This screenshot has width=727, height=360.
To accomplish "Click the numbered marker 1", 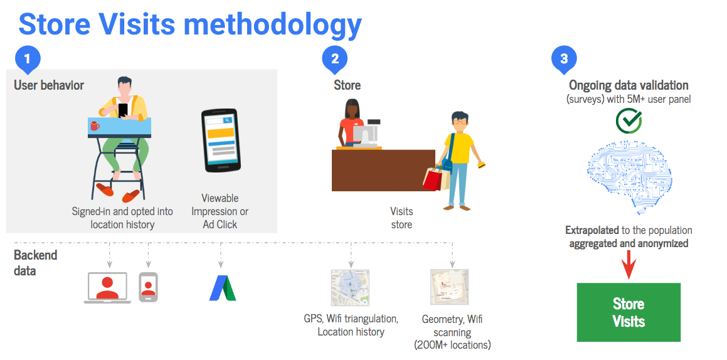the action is tap(28, 60).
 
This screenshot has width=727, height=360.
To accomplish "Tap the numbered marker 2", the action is tap(335, 60).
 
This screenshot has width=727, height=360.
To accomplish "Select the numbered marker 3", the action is tap(564, 60).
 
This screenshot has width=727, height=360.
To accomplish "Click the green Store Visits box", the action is tap(629, 312).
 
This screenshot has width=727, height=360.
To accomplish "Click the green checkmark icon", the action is tap(629, 120).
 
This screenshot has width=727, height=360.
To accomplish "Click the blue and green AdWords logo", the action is tap(223, 288).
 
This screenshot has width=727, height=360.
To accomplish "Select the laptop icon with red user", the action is tap(107, 288).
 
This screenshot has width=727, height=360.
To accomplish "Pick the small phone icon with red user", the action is tap(149, 287).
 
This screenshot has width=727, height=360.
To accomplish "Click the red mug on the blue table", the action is tap(94, 125).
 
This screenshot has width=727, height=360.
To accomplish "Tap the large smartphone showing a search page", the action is tap(220, 140).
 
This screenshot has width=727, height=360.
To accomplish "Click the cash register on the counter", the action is tap(365, 132).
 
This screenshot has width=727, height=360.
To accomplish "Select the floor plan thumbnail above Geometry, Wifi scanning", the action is tap(449, 287).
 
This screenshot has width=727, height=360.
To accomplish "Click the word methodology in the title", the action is tap(273, 24).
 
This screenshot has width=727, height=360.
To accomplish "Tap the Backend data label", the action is tap(35, 262).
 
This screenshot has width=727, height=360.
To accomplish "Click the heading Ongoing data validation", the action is tap(629, 85).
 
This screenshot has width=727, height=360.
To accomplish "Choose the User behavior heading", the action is tap(49, 85).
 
